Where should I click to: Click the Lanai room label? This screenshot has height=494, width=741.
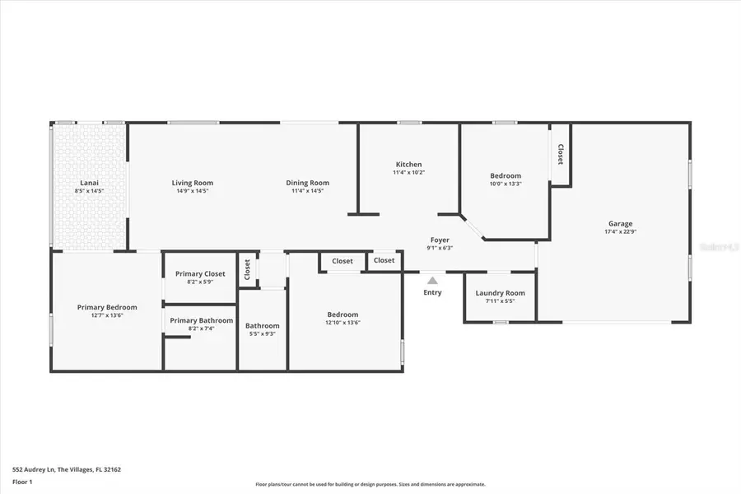[x=89, y=183]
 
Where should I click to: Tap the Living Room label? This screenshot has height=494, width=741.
[x=192, y=183]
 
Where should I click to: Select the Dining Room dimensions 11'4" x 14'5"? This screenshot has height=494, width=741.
[x=307, y=191]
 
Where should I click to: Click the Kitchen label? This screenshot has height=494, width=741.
[x=408, y=165]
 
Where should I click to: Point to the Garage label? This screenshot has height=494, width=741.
[x=620, y=223]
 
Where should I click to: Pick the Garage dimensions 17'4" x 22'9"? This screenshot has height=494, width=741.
[x=620, y=231]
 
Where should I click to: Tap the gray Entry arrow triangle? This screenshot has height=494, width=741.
[x=432, y=281]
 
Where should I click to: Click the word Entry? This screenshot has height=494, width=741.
[x=432, y=292]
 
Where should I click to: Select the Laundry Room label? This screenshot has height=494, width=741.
[x=500, y=293]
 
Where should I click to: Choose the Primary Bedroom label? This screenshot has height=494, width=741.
[x=107, y=307]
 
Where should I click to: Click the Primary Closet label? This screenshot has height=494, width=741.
[x=200, y=273]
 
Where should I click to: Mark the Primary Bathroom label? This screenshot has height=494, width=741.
[x=201, y=320]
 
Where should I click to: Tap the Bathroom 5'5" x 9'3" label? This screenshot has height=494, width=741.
[x=263, y=329]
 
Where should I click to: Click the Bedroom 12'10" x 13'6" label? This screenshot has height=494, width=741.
[x=343, y=318]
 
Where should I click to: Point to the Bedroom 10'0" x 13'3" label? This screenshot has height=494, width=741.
[x=505, y=179]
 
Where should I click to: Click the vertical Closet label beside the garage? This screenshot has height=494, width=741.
[x=561, y=154]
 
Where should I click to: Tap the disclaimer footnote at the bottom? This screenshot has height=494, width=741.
[x=370, y=485]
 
